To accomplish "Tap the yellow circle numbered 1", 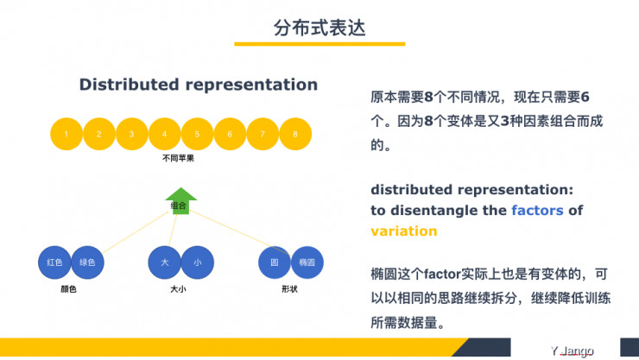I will [x=66, y=134].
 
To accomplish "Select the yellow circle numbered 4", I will [x=164, y=134].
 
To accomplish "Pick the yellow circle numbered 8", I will [x=295, y=134].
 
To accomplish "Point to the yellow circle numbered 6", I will [x=230, y=134].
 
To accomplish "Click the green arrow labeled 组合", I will [x=180, y=202].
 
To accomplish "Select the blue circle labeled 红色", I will [x=54, y=261].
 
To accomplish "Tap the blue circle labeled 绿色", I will [x=87, y=261].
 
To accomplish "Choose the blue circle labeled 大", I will [x=165, y=261].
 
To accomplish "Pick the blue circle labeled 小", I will [x=198, y=261].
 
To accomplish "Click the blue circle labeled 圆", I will [x=275, y=261].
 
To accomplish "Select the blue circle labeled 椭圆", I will [x=307, y=261].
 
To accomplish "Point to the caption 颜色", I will [x=68, y=289].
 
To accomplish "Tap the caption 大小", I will [x=179, y=289].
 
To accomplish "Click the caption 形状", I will [x=289, y=289].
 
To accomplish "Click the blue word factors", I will [x=536, y=210].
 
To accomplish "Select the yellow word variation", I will [x=403, y=231].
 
